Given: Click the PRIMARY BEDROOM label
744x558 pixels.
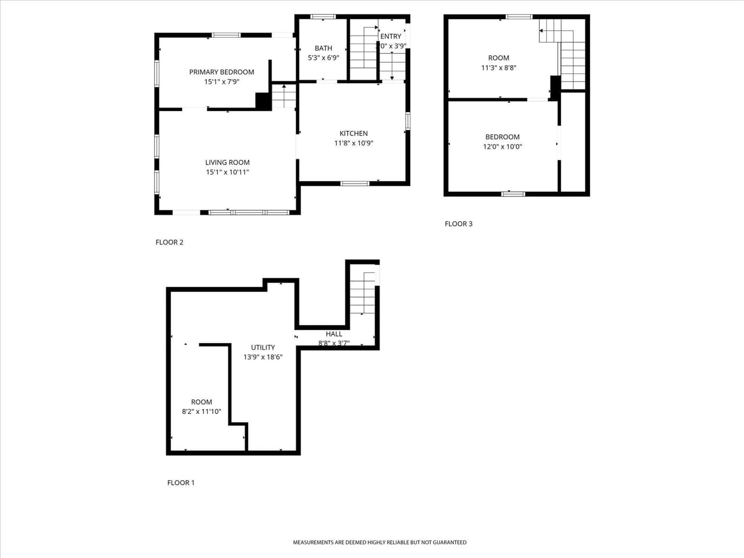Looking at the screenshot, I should click(x=221, y=72).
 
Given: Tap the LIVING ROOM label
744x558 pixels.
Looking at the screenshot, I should click(x=227, y=163).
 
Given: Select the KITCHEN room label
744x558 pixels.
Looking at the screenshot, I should click(x=353, y=134).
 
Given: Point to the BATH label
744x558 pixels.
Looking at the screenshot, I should click(x=323, y=48).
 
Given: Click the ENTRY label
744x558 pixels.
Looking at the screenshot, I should click(x=391, y=36).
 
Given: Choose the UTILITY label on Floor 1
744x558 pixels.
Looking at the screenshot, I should click(x=263, y=348).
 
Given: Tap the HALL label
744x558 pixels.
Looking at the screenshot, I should click(x=334, y=334).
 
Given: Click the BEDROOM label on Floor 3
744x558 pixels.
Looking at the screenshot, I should click(x=502, y=137).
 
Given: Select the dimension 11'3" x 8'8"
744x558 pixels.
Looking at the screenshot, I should click(x=499, y=68).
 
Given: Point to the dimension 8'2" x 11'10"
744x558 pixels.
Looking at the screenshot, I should click(x=201, y=412).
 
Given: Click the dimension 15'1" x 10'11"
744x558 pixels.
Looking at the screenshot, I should click(x=227, y=173).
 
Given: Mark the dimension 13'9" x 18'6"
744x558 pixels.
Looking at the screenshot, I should click(x=263, y=357).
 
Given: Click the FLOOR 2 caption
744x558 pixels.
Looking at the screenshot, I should click(x=169, y=242).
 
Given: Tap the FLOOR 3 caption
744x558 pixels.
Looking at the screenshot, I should click(x=459, y=224).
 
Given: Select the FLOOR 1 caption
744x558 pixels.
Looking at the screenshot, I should click(x=181, y=482).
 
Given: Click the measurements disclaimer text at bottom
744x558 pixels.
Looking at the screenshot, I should click(x=379, y=542).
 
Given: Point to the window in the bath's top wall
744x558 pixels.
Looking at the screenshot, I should click(x=323, y=16).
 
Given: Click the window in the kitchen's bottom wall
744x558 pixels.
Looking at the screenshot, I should click(x=355, y=184).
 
